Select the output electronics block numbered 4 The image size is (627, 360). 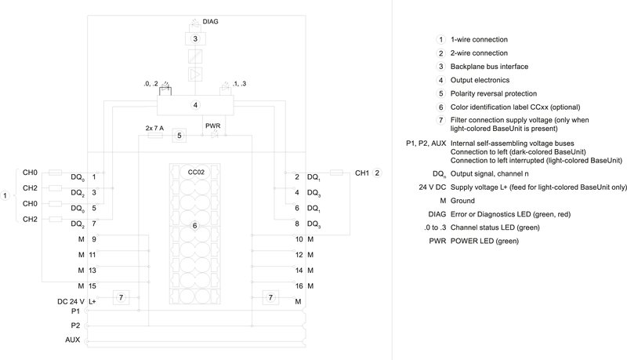pos(195,104)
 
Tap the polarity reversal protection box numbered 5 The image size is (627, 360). pos(179,136)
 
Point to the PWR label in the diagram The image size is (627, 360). pos(212,125)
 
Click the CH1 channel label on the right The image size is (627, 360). pos(362,173)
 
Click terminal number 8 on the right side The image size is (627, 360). pos(298,224)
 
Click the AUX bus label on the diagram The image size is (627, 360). pos(72,340)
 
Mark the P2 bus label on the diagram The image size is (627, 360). pos(75,324)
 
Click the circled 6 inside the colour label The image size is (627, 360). pos(196,226)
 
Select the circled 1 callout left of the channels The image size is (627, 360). pos(6,196)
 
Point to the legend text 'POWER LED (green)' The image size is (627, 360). pos(485,241)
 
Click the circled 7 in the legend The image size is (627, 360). pos(441,119)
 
